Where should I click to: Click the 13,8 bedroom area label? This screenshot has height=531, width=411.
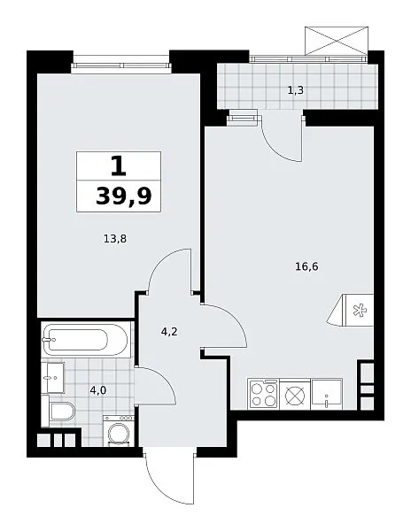pos(115,239)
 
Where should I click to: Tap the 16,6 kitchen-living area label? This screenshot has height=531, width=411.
pos(306,267)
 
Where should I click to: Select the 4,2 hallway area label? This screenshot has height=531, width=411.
pos(169,332)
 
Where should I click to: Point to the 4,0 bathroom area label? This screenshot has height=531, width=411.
pos(98,391)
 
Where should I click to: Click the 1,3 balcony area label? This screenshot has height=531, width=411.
pos(296,90)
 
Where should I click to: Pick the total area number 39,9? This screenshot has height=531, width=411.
pos(123,196)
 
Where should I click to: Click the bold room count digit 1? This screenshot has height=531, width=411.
pos(119,166)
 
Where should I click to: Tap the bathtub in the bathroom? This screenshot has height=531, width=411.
pos(85,339)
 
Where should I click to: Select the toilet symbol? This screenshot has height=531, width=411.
pos(61,412)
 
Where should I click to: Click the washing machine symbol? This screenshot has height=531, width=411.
pos(119,431)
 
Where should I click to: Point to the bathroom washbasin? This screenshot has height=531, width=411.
pos(53,377)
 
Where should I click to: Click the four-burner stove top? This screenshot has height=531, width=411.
pos(263,394)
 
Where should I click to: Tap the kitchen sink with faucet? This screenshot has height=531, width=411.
pos(327,394)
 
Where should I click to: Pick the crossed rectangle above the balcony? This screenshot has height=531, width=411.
pos(336,41)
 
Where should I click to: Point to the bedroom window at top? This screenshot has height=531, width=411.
pos(120,65)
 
